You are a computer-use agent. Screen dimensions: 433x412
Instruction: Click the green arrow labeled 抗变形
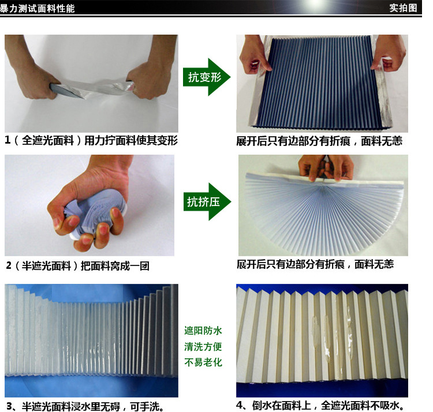(207, 77)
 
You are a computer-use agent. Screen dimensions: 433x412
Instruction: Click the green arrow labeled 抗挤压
(207, 201)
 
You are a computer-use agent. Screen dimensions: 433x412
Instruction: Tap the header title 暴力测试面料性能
(38, 9)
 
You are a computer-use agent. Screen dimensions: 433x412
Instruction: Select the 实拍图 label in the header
(403, 8)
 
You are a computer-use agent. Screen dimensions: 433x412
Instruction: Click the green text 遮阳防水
(203, 331)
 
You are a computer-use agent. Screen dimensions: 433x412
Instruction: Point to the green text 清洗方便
(203, 347)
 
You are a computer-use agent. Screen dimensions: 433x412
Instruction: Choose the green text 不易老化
(203, 362)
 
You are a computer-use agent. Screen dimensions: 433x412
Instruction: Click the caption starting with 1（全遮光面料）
(91, 140)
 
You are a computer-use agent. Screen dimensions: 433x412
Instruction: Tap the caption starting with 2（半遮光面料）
(77, 266)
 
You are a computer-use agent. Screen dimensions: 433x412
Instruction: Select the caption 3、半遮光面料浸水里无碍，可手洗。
(86, 406)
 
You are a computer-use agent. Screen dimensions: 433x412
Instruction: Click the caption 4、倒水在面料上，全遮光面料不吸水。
(320, 406)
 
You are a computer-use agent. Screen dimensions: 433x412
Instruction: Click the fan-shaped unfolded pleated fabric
(324, 212)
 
